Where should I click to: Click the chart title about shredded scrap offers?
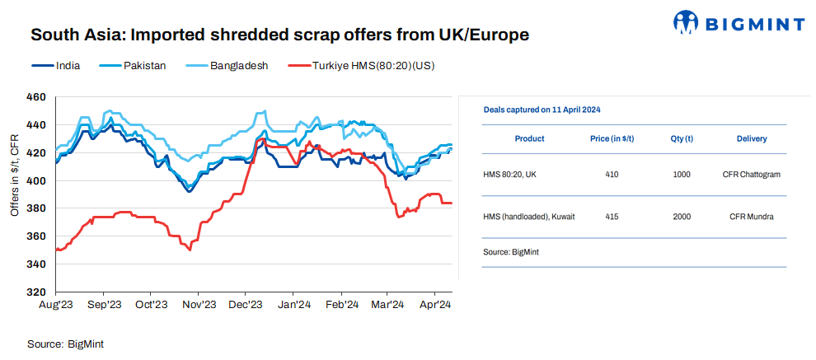pyautogui.click(x=279, y=35)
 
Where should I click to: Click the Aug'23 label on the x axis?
pyautogui.click(x=55, y=305)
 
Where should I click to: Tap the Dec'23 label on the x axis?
pyautogui.click(x=245, y=305)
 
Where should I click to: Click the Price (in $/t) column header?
pyautogui.click(x=612, y=138)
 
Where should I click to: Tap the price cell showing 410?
pyautogui.click(x=611, y=175)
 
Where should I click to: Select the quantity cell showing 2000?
pyautogui.click(x=682, y=217)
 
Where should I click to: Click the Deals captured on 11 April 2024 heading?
pyautogui.click(x=542, y=109)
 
